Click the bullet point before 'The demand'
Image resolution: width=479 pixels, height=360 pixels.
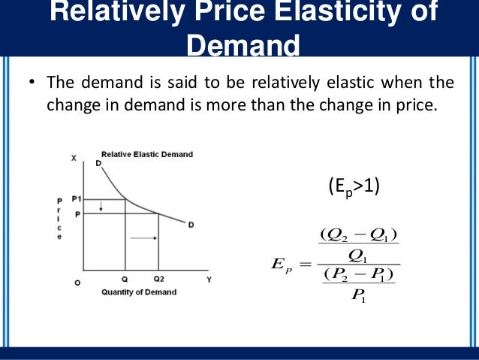[33, 83]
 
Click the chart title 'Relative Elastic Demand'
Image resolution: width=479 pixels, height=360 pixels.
[147, 154]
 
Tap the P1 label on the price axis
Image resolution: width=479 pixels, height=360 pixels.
[77, 198]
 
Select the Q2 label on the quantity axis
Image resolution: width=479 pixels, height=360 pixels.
[158, 277]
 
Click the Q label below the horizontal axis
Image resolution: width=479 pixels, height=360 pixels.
[125, 277]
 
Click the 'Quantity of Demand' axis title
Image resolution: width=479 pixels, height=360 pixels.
[139, 292]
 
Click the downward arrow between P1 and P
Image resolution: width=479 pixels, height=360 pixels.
[102, 206]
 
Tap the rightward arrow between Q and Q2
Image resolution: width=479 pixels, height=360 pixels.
[145, 237]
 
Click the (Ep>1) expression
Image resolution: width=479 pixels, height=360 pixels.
[354, 186]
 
